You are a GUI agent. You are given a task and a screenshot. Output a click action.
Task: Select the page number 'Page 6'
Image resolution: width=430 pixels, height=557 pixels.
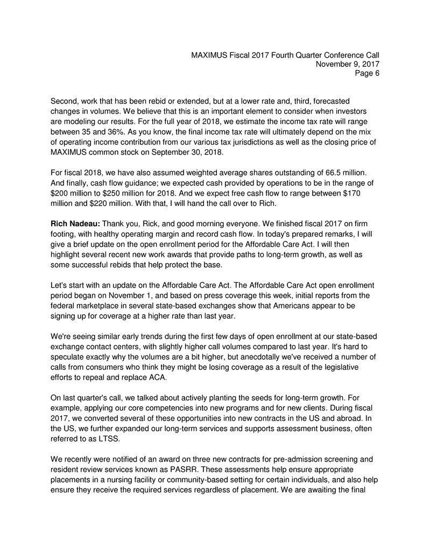[x=367, y=74]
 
